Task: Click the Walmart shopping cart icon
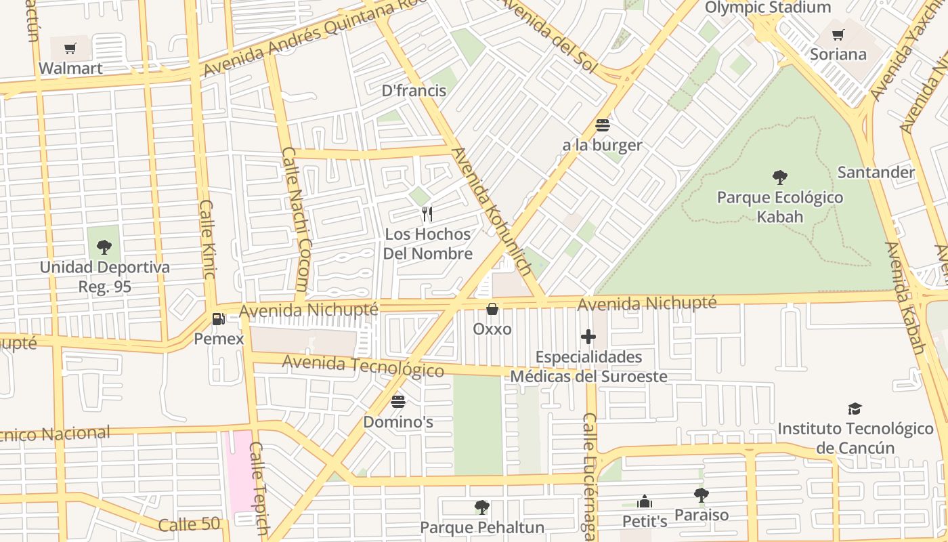(x=70, y=48)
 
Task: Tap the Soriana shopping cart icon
(x=838, y=35)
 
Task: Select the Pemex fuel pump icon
(x=218, y=318)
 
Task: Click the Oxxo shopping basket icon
(x=492, y=309)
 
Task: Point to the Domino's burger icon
(x=398, y=401)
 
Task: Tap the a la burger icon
(x=602, y=125)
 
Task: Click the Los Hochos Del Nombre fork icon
(x=427, y=214)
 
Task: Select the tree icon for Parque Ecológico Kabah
(x=780, y=178)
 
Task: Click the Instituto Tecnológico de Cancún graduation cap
(x=855, y=409)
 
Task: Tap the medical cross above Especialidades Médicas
(x=588, y=337)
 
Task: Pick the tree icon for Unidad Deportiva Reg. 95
(x=104, y=247)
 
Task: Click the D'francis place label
(x=414, y=91)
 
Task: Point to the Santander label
(x=876, y=172)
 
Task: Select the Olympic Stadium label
(x=767, y=7)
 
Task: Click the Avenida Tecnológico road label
(x=363, y=367)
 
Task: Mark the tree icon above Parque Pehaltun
(x=481, y=507)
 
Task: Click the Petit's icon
(x=645, y=502)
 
